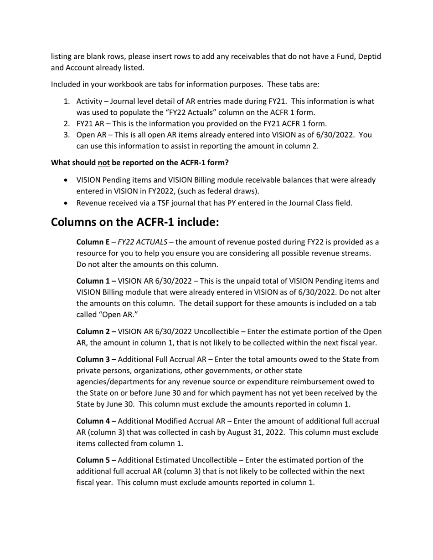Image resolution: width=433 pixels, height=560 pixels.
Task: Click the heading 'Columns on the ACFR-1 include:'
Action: coord(135,222)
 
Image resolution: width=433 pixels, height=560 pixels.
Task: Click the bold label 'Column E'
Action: coord(93,242)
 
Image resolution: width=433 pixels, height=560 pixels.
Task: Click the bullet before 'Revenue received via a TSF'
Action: coord(67,203)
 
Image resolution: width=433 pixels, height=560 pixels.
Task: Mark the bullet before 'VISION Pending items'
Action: coord(67,180)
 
